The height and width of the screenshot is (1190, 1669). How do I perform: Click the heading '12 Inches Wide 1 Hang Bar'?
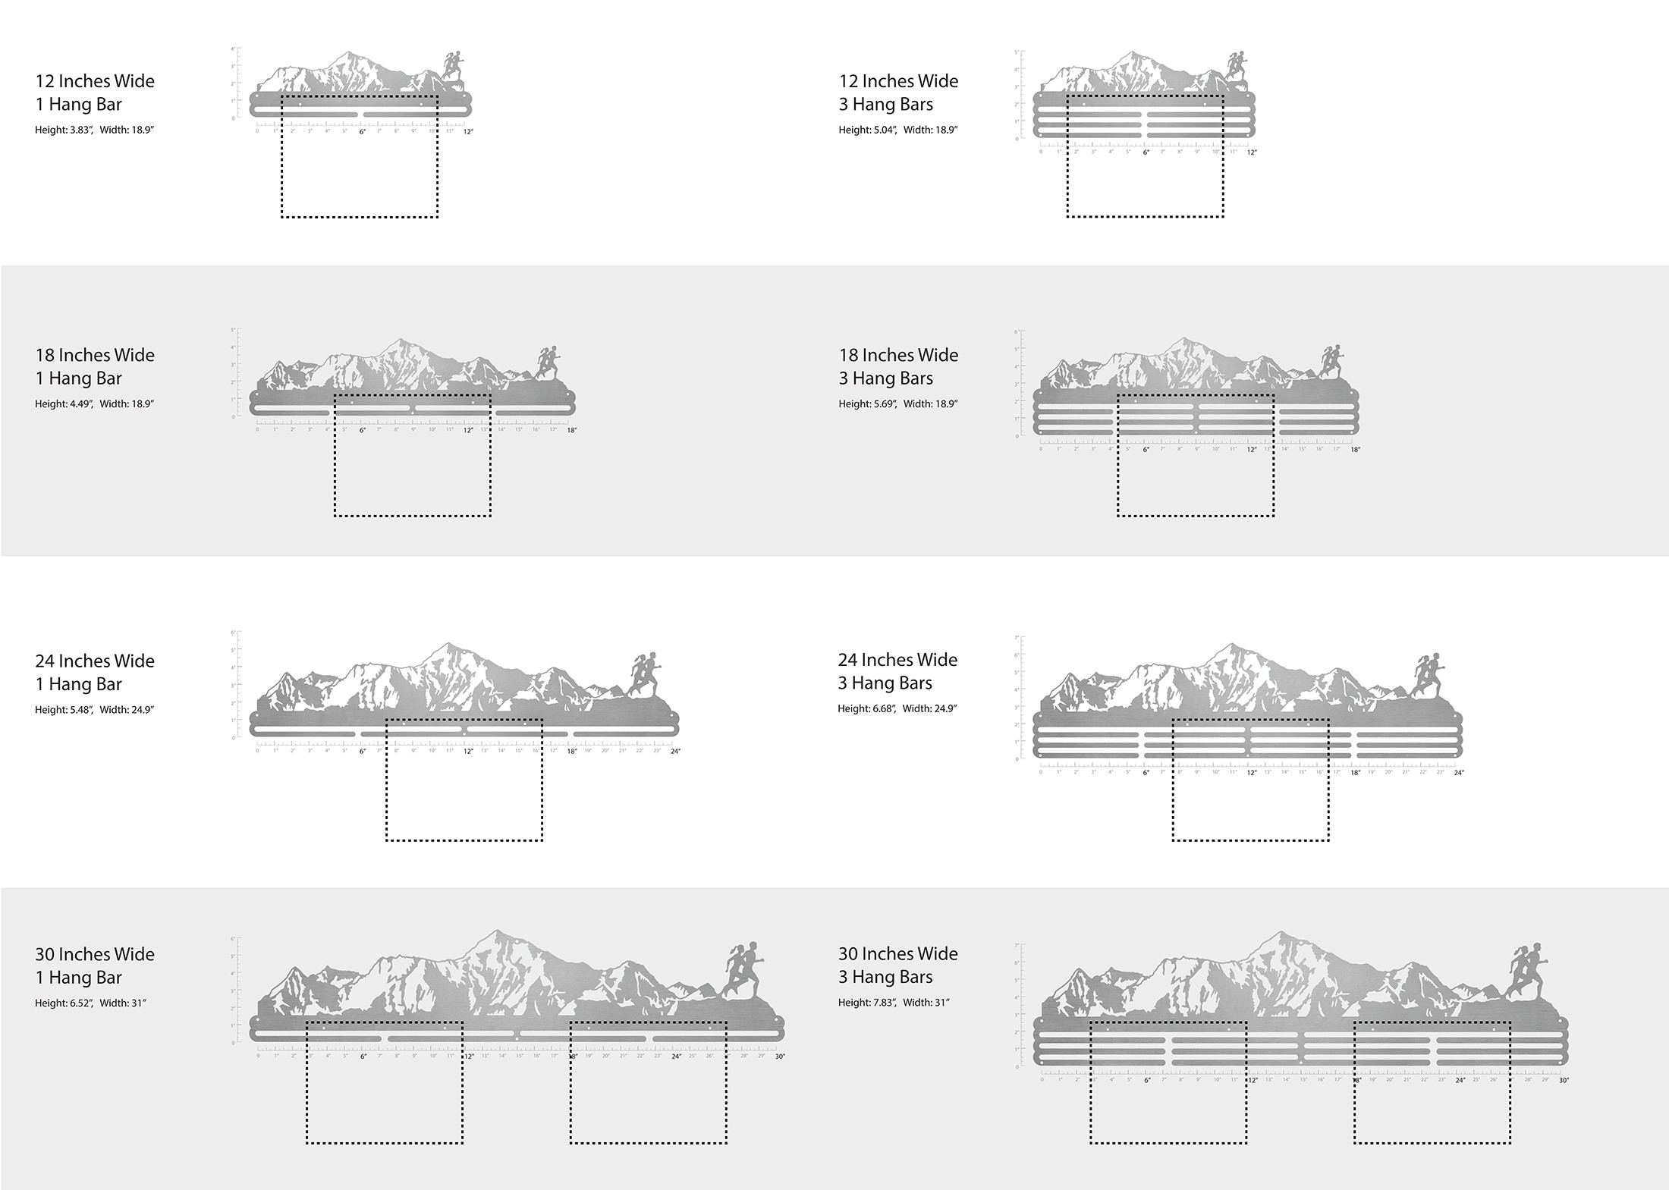coord(95,93)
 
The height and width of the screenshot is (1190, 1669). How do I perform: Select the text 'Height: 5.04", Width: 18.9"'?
coord(897,130)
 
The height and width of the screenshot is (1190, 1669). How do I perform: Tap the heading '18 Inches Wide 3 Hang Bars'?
coord(898,366)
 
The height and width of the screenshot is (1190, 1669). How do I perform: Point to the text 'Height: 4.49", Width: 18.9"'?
coord(94,404)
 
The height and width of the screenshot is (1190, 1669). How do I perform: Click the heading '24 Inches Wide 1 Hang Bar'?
coord(95,672)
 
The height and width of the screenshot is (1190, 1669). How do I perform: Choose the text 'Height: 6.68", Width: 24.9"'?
coord(897,709)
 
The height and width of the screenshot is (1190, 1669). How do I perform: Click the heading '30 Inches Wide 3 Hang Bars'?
coord(898,965)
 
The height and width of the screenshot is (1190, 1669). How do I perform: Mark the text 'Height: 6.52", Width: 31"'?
coord(90,1003)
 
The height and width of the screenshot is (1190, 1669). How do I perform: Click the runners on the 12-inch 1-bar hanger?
coord(453,66)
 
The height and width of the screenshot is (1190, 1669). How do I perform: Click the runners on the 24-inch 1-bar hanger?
coord(645,674)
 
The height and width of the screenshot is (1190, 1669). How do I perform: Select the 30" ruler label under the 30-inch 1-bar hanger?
coord(780,1057)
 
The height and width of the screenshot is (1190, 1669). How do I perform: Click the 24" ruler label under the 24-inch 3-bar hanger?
coord(1458,773)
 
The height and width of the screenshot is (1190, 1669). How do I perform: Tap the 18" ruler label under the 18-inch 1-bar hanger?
coord(571,431)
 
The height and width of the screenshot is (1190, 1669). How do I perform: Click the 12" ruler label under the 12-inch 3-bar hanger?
coord(1252,152)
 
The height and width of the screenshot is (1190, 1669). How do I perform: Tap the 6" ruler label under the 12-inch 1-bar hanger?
coord(362,132)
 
